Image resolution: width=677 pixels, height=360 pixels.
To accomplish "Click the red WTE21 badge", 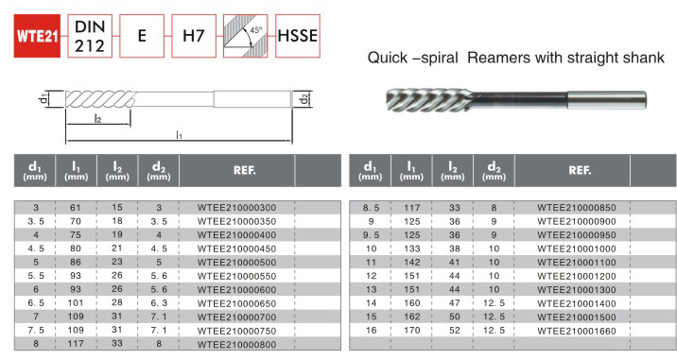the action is point(37,36).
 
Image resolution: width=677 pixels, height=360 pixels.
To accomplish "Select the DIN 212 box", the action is point(90,36).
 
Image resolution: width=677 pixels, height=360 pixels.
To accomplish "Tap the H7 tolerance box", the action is point(194,36).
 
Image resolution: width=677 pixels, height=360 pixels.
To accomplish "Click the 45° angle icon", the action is point(245,36).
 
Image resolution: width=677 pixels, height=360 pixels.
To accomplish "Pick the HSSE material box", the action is point(298,36).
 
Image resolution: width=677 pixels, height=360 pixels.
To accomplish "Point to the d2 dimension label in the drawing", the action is point(304,99).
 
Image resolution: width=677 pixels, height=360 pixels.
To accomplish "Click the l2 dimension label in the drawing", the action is point(98,118).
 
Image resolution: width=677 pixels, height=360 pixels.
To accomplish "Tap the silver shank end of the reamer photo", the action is point(606,100).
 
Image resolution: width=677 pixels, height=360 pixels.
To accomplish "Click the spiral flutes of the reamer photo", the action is point(427,100).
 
